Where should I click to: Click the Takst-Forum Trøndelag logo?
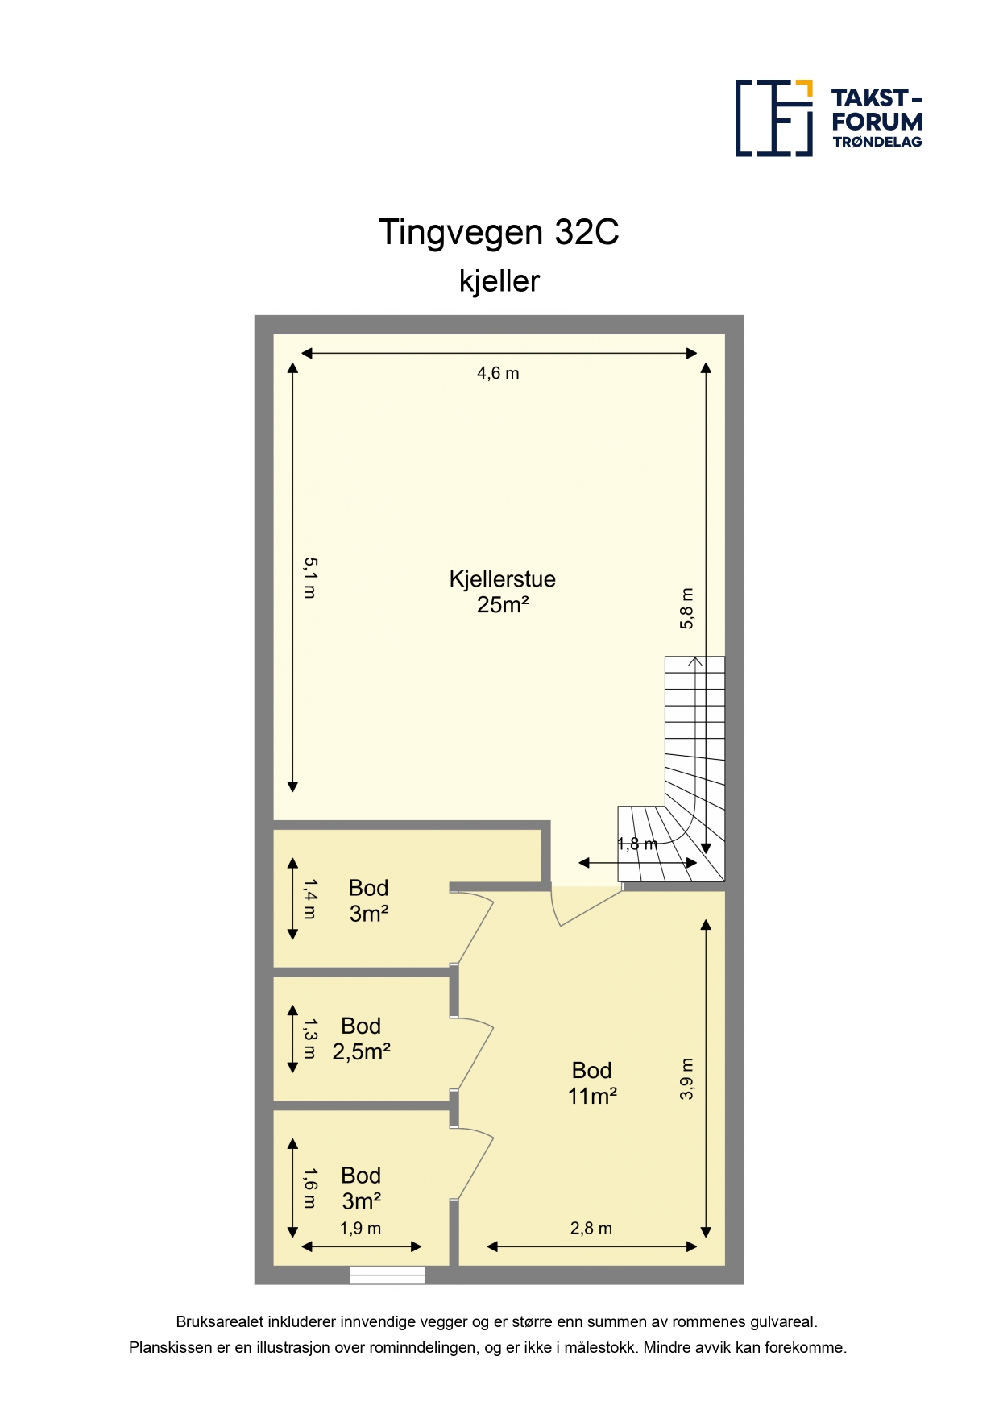click(x=829, y=118)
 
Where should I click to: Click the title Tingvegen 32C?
click(x=499, y=232)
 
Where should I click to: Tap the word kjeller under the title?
click(x=499, y=281)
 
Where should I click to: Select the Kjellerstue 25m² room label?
click(x=503, y=591)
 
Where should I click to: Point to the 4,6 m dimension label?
click(x=498, y=373)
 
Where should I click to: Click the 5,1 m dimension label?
click(x=310, y=578)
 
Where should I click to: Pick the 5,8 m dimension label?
click(x=686, y=608)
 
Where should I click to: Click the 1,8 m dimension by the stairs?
click(x=637, y=844)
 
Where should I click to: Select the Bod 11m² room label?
click(x=592, y=1083)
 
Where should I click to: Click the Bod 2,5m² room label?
click(x=362, y=1039)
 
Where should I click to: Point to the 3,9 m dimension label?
click(x=686, y=1079)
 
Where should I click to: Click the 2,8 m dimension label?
click(x=591, y=1229)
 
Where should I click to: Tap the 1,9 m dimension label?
click(x=360, y=1229)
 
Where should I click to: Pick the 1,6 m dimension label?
click(x=310, y=1188)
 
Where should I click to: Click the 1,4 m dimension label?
click(x=310, y=899)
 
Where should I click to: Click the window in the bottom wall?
click(x=388, y=1275)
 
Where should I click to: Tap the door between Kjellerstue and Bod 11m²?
click(x=587, y=906)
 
